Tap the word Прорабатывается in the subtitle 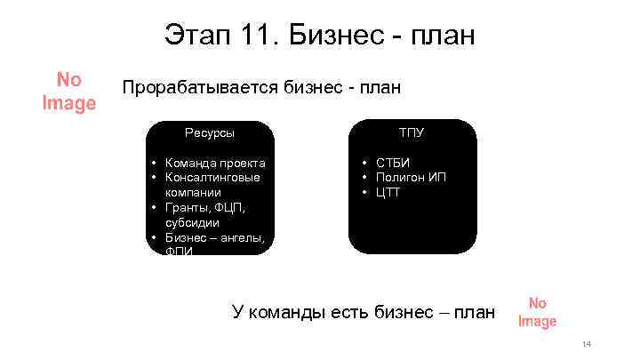200,87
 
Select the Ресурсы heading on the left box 210,132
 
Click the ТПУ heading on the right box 411,132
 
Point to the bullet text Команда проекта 215,163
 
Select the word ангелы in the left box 242,236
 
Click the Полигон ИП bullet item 411,177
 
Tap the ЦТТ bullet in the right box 388,192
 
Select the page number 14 586,344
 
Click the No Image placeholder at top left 68,92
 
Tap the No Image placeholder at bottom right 537,312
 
